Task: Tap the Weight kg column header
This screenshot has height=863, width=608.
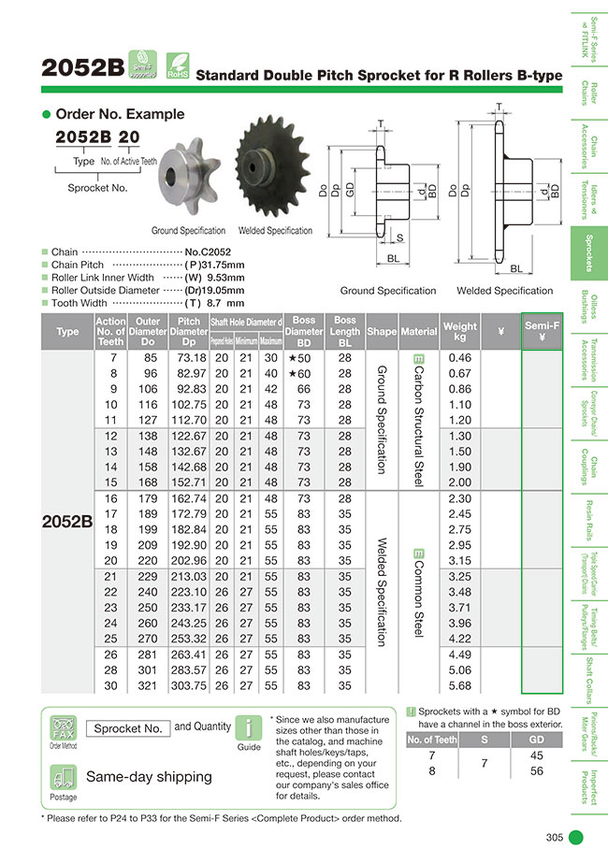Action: point(459,332)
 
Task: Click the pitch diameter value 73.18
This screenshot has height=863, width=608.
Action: point(189,358)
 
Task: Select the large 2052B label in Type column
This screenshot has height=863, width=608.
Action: point(67,523)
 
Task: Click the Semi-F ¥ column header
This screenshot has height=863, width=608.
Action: point(542,332)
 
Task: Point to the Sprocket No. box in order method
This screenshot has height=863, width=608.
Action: point(128,727)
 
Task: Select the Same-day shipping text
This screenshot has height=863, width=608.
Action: point(149,777)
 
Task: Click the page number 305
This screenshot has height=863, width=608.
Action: point(554,837)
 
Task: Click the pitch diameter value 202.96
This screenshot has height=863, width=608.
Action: point(189,560)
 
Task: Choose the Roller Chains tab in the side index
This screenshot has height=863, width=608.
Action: point(589,91)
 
